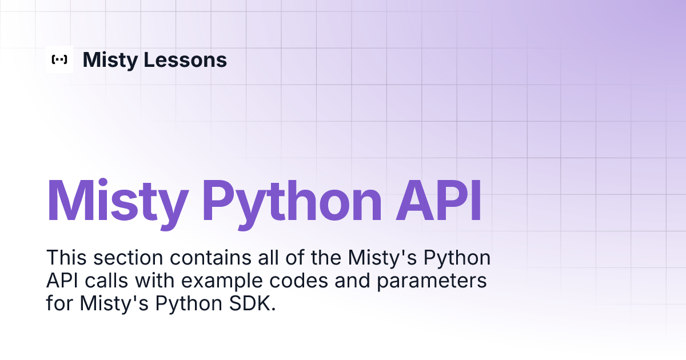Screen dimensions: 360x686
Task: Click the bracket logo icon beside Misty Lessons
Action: tap(59, 59)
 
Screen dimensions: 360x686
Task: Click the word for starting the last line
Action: tap(61, 304)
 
